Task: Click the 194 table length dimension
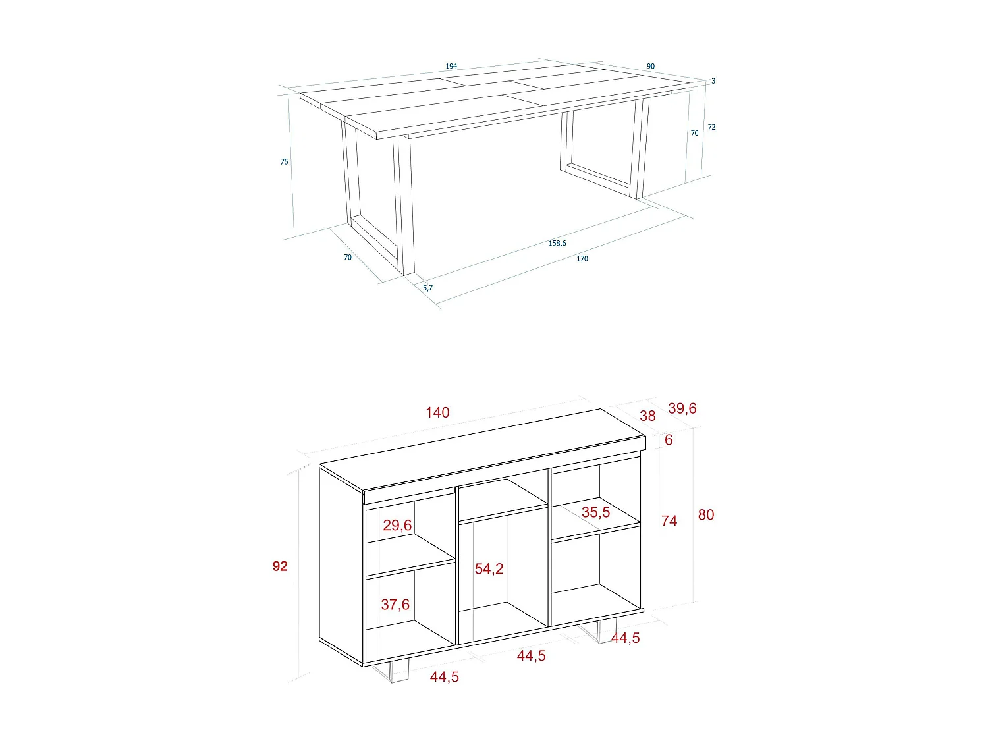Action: tap(451, 66)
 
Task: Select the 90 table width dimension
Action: tap(651, 66)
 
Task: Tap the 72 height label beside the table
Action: tap(711, 127)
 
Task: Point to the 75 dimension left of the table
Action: tap(284, 161)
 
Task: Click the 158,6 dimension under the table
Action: tap(557, 243)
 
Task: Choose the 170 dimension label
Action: tap(582, 259)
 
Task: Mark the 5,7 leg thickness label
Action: tap(428, 288)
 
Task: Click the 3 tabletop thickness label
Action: tap(713, 81)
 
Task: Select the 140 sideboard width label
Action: tap(437, 412)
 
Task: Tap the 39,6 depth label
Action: tap(682, 408)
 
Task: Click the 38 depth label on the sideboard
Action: tap(647, 416)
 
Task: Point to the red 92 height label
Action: tap(280, 566)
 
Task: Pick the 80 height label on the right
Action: tap(706, 515)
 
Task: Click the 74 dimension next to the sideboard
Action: tap(669, 521)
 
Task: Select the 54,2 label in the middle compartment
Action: tap(489, 569)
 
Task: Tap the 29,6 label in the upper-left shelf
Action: tap(397, 525)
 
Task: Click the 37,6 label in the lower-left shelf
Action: tap(395, 605)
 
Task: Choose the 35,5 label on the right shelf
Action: tap(595, 512)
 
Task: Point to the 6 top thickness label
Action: tap(669, 440)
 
